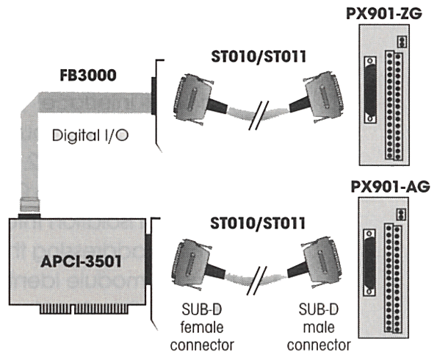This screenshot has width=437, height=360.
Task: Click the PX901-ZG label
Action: [384, 13]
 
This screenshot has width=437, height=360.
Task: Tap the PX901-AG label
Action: [390, 187]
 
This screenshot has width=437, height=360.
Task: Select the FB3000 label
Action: [88, 75]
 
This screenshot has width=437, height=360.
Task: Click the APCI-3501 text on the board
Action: [81, 262]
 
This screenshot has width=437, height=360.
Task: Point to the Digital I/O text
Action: [90, 135]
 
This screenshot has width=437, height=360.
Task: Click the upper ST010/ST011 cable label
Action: [259, 57]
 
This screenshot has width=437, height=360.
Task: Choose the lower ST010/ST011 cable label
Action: [258, 223]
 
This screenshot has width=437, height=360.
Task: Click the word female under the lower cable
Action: [202, 327]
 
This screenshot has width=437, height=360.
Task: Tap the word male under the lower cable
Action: [319, 327]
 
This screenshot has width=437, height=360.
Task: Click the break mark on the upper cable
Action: [259, 115]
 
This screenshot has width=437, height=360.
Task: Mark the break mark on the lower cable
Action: [257, 281]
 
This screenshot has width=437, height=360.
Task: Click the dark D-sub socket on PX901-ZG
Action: [370, 90]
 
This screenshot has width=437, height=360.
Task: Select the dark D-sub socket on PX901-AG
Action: [369, 262]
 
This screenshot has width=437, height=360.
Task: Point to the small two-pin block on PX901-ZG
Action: [402, 42]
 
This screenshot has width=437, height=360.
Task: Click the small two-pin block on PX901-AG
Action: [401, 215]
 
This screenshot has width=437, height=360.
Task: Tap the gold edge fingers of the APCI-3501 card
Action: [84, 309]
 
